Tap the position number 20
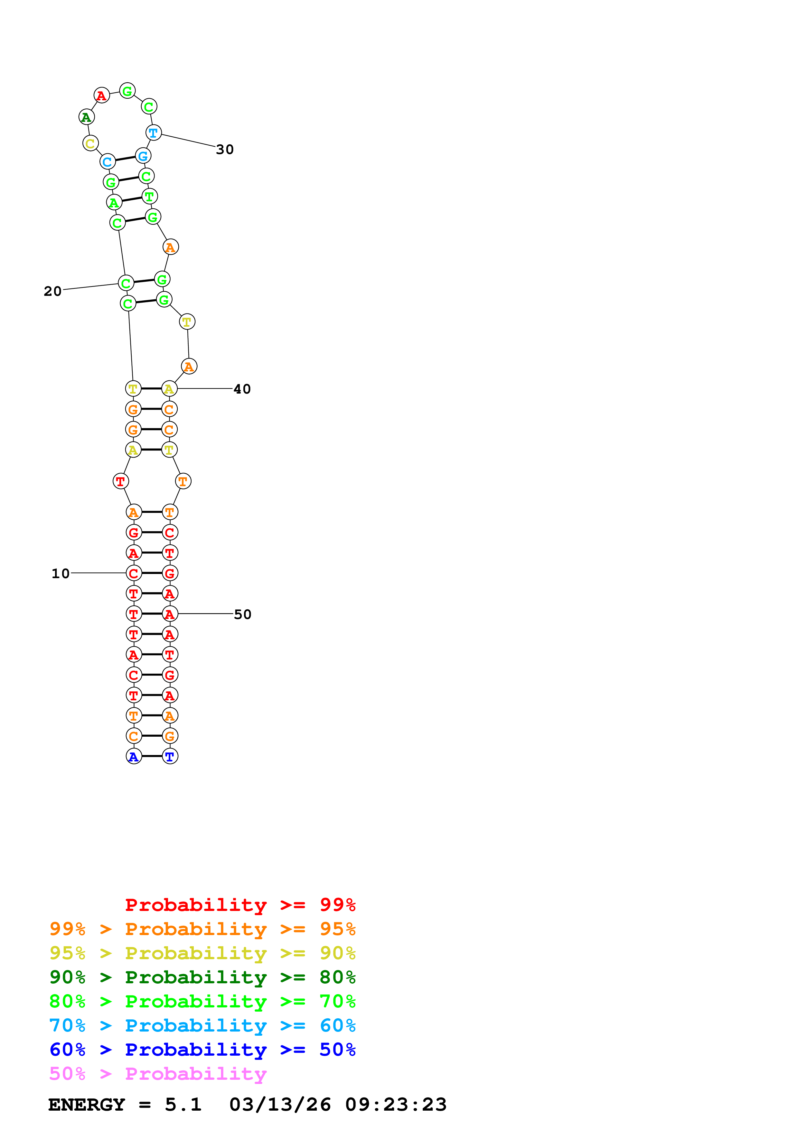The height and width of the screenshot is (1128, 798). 52,291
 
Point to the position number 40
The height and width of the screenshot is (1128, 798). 242,389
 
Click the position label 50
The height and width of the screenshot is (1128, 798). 242,614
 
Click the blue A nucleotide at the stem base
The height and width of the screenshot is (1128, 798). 134,757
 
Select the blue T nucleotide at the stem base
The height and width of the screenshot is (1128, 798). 170,757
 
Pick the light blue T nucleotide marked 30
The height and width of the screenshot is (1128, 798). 154,133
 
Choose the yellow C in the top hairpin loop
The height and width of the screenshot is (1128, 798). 90,143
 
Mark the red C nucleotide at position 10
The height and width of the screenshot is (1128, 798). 134,573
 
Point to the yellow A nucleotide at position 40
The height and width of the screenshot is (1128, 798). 169,389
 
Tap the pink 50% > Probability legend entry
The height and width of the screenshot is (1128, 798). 158,1074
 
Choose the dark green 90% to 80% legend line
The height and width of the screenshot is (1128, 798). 202,977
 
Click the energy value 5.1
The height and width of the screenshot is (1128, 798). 183,1105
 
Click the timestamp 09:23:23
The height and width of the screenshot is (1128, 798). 396,1105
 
